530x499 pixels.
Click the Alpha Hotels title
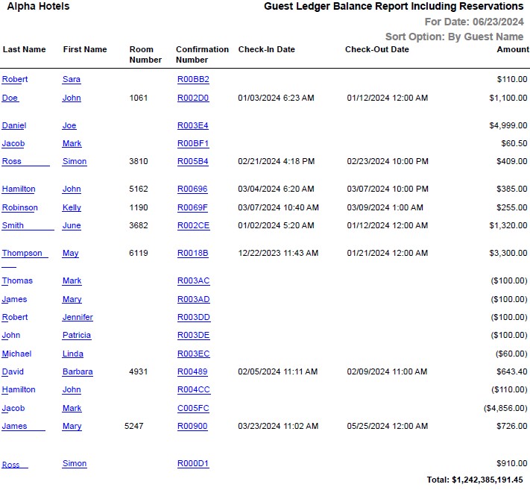tap(38, 7)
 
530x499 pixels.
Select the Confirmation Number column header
tap(202, 54)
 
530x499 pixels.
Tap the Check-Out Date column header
tap(376, 50)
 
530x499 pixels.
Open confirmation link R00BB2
tap(193, 80)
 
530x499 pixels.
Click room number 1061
tap(139, 98)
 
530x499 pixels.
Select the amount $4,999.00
tap(507, 126)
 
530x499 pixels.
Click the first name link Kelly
tap(72, 208)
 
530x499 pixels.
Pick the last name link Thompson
tap(22, 254)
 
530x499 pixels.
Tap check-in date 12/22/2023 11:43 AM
tap(278, 254)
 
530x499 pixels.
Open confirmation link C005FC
tap(193, 409)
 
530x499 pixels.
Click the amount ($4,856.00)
tap(505, 409)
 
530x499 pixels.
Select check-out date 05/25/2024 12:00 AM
tap(388, 427)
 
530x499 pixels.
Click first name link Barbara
tap(78, 372)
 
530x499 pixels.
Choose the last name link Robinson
tap(19, 208)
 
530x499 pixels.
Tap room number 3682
tap(139, 226)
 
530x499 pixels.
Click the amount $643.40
tap(511, 372)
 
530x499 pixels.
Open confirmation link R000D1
tap(193, 464)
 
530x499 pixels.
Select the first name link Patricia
tap(76, 336)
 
